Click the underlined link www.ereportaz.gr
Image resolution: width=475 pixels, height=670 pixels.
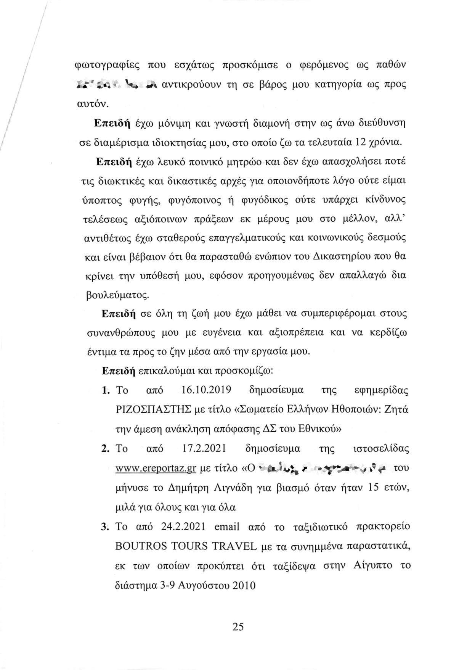pos(155,469)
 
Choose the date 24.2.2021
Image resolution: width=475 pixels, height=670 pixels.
pos(184,527)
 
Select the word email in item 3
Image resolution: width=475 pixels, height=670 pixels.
pos(227,527)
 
